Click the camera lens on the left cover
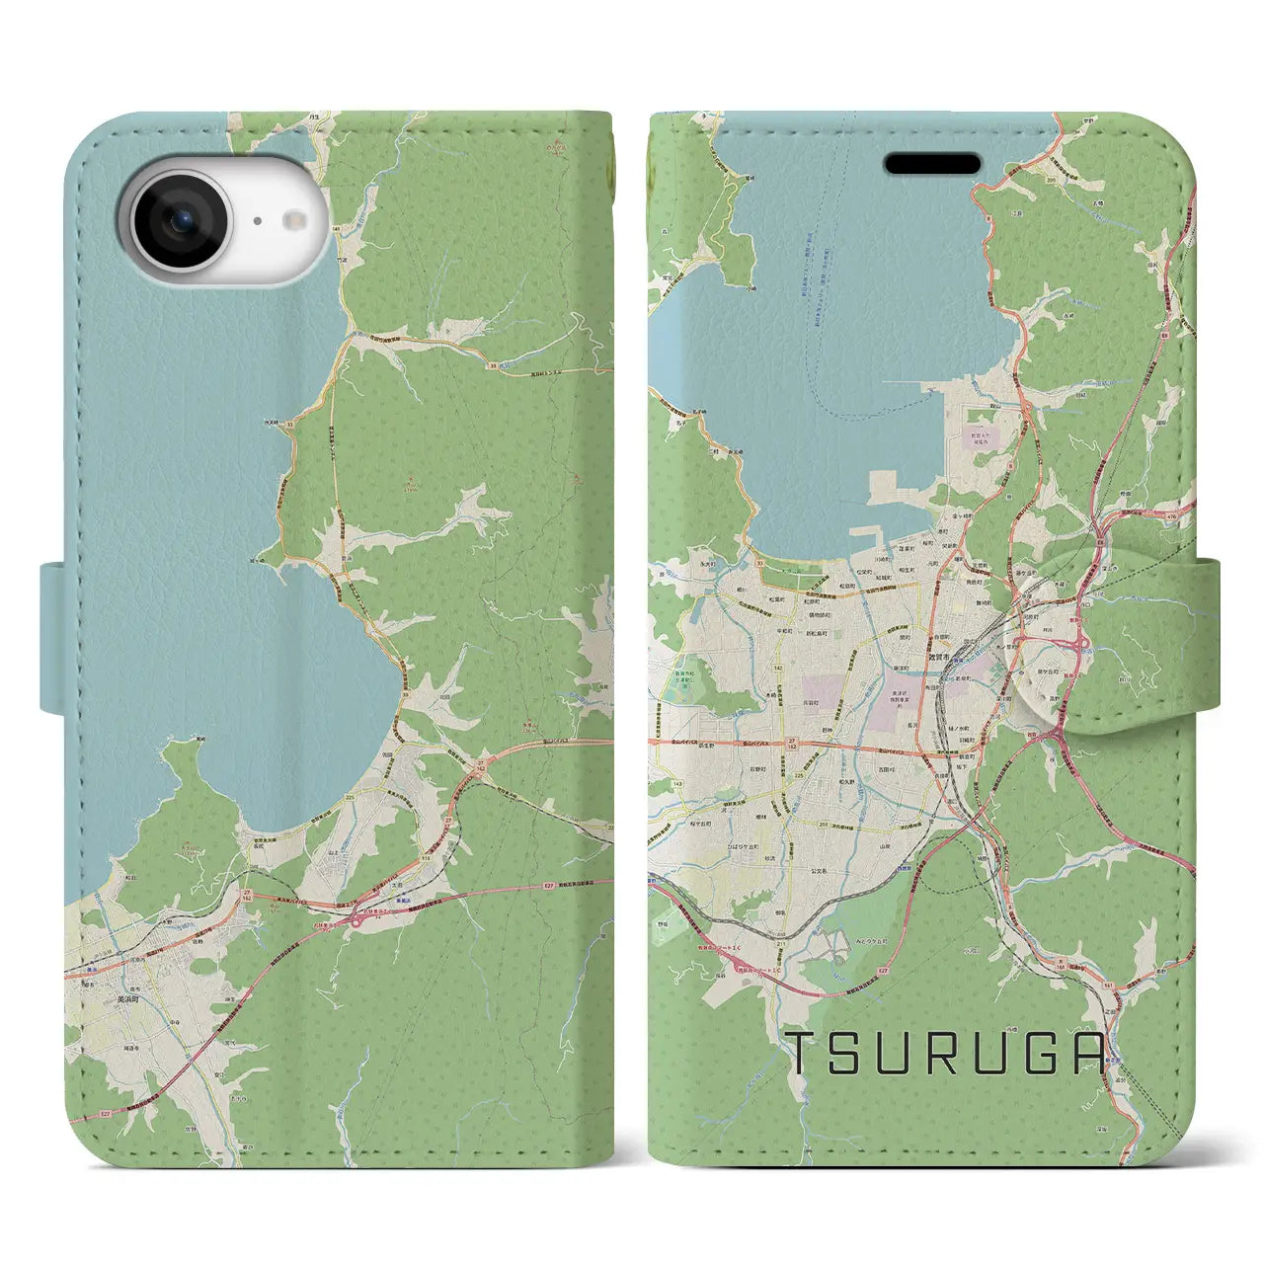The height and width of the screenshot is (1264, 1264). tap(181, 221)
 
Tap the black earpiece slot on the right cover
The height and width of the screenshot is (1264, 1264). tap(932, 163)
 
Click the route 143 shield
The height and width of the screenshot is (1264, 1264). tap(651, 783)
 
